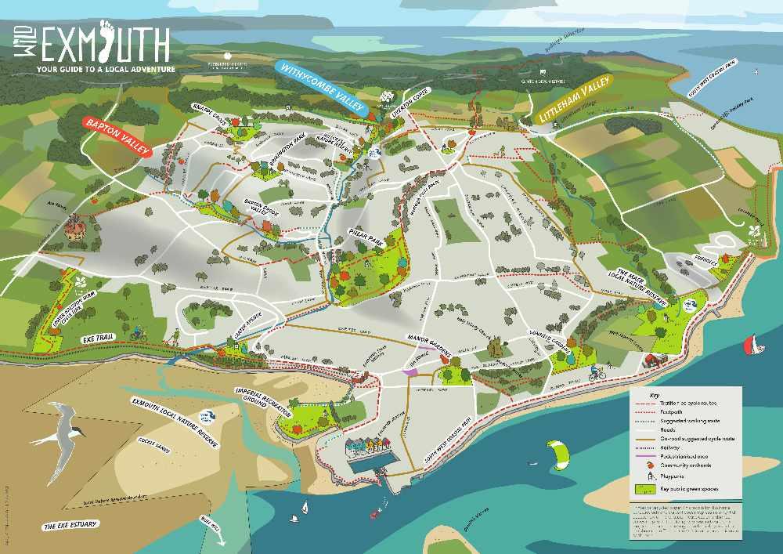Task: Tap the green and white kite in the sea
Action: tap(558, 454)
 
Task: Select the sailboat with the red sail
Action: tap(752, 344)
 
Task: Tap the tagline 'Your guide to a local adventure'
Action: tap(106, 69)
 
